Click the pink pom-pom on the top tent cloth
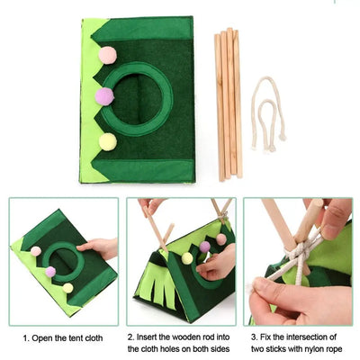tap(107, 55)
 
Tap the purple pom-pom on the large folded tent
tap(104, 96)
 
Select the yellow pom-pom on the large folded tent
tap(107, 141)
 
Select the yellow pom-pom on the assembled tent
tap(187, 258)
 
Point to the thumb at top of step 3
tap(336, 216)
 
